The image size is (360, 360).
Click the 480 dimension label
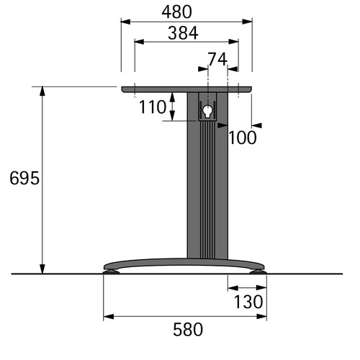(177, 12)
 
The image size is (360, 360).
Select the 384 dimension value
(183, 33)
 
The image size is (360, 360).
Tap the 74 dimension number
(217, 59)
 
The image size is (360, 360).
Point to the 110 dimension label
(153, 107)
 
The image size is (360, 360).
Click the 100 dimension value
(243, 138)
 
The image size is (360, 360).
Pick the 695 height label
(24, 178)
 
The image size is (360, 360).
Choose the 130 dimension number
(248, 302)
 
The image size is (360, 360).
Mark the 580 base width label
(188, 330)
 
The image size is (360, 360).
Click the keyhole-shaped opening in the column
(207, 111)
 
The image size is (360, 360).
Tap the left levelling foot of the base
(111, 271)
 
